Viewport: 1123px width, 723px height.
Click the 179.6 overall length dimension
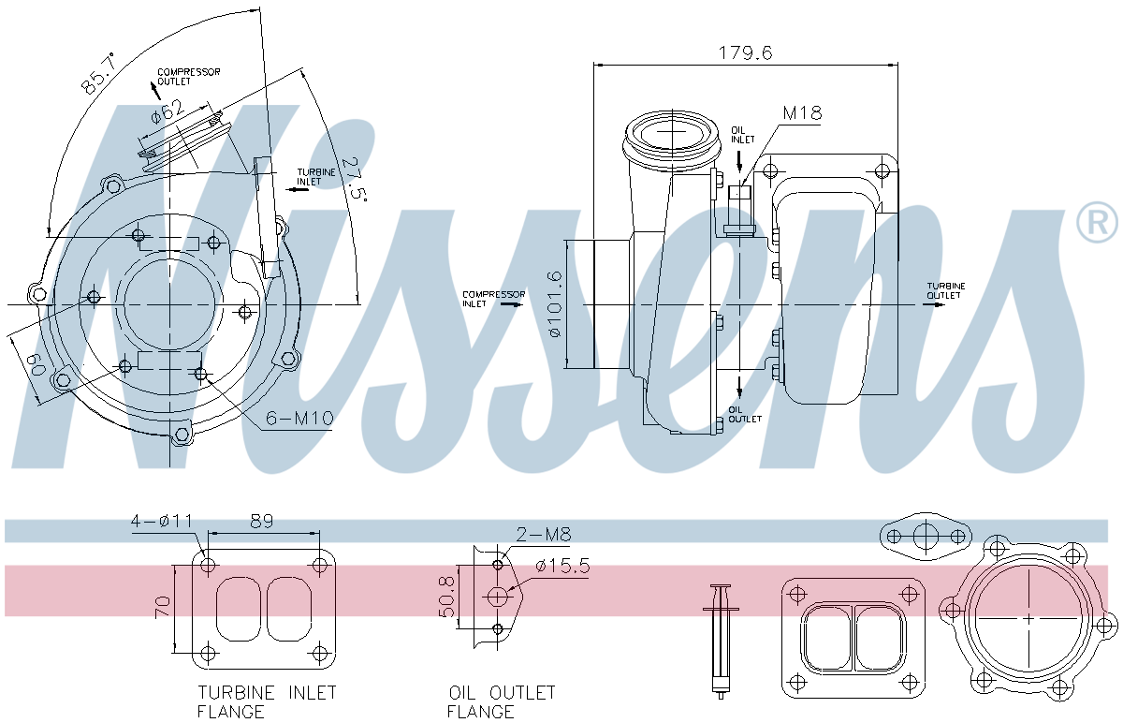coord(745,52)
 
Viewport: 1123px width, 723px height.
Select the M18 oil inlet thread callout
coord(802,113)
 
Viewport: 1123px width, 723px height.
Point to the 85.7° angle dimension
coord(97,73)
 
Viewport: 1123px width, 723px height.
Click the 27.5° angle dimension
coord(354,178)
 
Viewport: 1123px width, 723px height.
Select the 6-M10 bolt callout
coord(299,418)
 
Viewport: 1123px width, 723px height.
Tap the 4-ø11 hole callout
coord(161,521)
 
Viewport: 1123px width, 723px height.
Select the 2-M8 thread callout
coord(544,535)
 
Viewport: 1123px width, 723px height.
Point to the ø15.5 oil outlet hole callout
coord(561,566)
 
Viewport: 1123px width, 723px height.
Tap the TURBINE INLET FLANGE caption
coord(266,701)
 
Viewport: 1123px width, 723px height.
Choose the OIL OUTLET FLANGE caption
coord(501,701)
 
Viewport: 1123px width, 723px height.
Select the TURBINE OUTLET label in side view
coord(945,290)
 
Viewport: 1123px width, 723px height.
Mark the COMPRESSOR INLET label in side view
coord(493,299)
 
